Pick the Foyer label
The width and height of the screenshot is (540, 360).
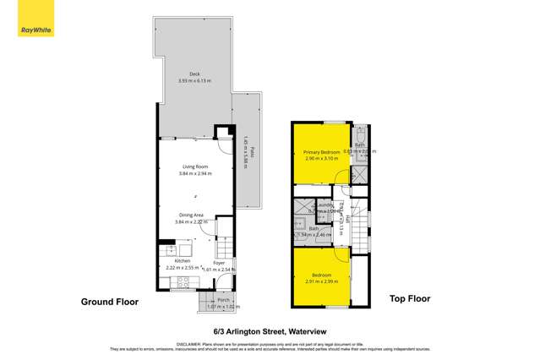[219, 263]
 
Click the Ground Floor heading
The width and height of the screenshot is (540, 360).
[109, 301]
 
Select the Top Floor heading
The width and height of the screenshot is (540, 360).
[410, 298]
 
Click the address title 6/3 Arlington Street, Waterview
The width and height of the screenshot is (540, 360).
[270, 333]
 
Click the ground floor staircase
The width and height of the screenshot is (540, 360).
[224, 246]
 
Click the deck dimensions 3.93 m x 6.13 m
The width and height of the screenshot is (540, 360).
[194, 81]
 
